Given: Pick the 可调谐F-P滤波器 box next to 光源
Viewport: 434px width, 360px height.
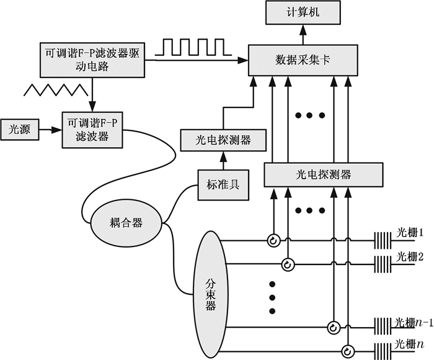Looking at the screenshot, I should point(91,129).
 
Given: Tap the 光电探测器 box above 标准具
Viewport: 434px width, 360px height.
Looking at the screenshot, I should point(224,140).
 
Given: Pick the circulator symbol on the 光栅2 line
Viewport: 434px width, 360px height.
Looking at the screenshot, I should point(287,264).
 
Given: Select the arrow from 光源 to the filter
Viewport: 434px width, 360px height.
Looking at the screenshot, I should point(50,130).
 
